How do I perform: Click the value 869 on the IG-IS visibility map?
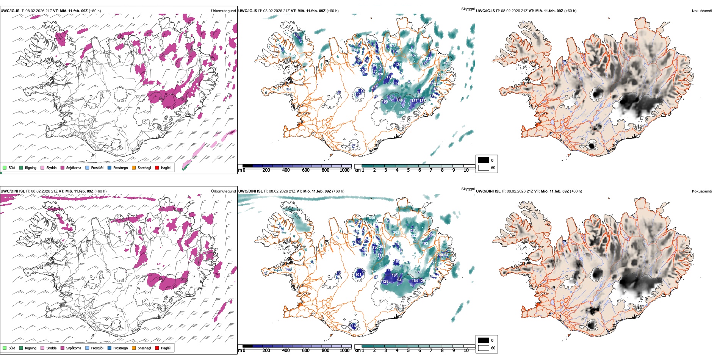click(402, 113)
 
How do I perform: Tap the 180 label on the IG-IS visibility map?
click(297, 35)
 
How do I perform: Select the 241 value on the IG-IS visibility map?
click(374, 88)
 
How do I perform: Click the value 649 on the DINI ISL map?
click(372, 218)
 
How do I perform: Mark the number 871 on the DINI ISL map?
click(374, 271)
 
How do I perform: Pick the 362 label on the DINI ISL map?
click(396, 233)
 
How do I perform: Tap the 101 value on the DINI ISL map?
click(358, 275)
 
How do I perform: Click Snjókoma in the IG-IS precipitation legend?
click(74, 168)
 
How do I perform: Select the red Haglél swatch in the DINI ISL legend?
click(157, 348)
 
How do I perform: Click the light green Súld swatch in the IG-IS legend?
click(5, 168)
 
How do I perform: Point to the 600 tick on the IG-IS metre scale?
click(305, 170)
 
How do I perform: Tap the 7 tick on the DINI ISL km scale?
click(431, 351)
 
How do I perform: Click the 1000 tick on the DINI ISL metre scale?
click(344, 351)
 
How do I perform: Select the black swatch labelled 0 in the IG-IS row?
click(484, 160)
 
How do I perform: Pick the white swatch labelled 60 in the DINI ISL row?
click(484, 348)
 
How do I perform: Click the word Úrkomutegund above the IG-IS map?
click(223, 11)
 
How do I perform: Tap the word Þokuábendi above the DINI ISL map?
click(702, 191)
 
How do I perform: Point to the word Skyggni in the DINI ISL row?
click(468, 189)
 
